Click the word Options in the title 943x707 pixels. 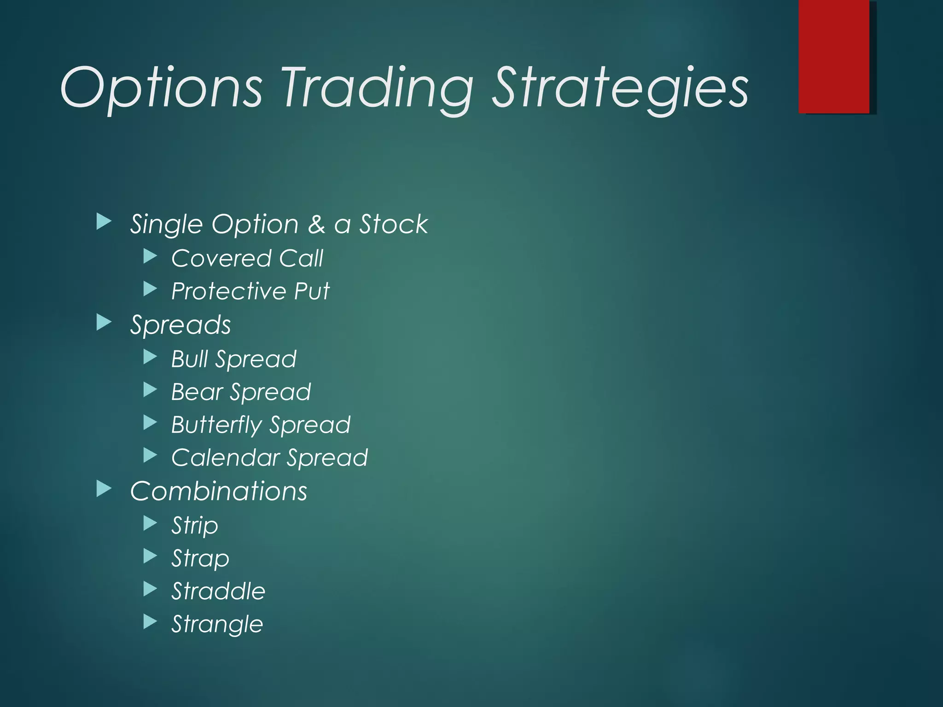161,87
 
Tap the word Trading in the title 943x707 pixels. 378,87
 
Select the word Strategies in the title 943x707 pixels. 620,87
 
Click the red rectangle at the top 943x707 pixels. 834,56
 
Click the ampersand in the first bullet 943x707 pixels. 316,225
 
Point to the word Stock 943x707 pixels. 394,225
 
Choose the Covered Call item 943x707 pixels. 247,258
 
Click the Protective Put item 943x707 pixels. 250,291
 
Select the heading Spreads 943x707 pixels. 180,325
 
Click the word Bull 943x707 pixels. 189,359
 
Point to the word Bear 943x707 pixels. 197,392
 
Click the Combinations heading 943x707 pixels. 219,491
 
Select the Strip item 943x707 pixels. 195,525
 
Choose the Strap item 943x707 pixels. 200,558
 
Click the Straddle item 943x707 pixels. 218,591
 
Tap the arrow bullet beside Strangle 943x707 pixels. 150,622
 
